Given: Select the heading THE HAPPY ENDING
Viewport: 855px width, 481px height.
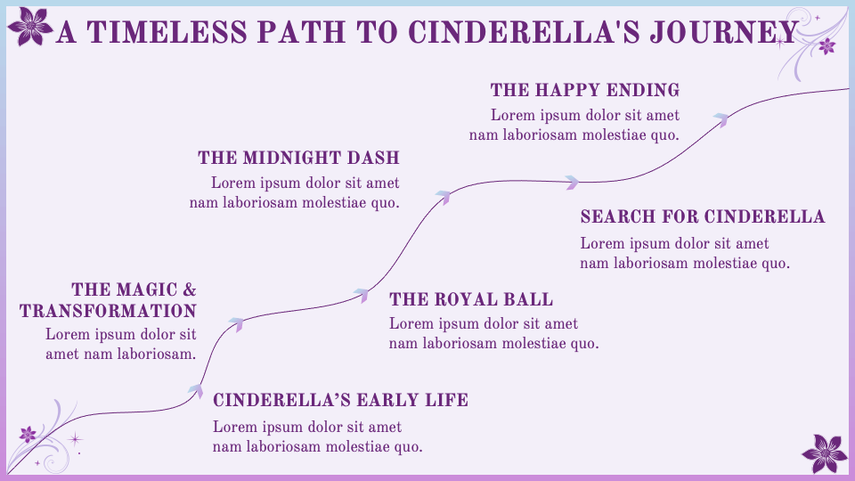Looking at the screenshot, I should click(584, 90).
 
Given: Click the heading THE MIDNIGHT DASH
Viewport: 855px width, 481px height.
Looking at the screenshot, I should click(298, 159).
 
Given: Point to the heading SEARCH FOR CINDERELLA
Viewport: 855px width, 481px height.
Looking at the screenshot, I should click(702, 217).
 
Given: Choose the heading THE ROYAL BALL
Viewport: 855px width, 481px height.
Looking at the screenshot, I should click(471, 299).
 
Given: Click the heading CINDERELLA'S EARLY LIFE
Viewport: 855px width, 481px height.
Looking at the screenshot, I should click(340, 400).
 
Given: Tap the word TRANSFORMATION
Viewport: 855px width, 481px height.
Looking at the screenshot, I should click(108, 311).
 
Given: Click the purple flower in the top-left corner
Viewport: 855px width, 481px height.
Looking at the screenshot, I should click(32, 25).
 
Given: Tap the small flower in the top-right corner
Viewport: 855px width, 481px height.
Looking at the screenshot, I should click(826, 45).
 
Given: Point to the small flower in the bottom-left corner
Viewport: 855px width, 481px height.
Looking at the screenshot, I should click(28, 435).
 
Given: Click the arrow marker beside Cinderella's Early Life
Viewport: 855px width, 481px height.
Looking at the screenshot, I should click(195, 388).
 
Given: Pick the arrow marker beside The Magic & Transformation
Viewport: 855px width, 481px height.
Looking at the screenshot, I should click(236, 323).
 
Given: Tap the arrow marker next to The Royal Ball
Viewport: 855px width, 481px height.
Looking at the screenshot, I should click(362, 295).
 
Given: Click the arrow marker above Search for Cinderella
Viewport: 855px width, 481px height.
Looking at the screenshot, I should click(572, 183).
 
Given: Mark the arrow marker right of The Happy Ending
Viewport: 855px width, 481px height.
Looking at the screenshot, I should click(721, 118).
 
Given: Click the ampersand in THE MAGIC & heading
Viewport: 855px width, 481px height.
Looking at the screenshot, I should click(188, 289).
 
